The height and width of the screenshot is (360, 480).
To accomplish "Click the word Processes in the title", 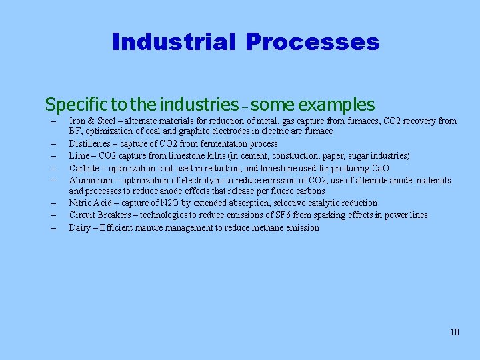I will point(312,42).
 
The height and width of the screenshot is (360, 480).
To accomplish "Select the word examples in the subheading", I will point(337,105).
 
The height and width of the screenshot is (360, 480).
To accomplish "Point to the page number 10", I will point(454,332).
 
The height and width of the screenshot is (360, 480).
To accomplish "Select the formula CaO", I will point(381,168).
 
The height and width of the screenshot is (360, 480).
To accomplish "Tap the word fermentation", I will point(213,143).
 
